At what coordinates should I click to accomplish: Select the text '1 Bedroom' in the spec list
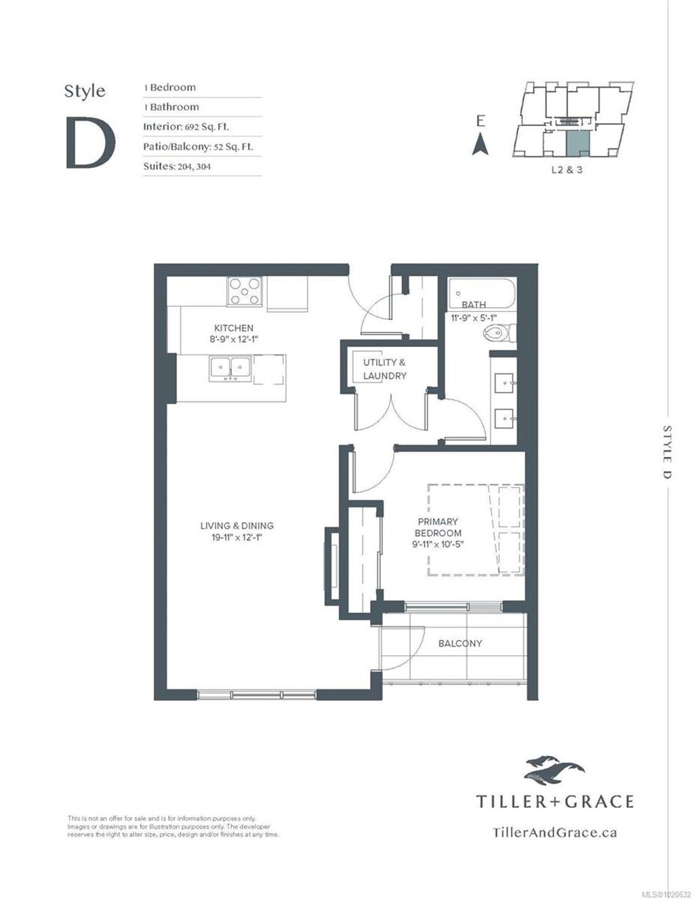pos(169,87)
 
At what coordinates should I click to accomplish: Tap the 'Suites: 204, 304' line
pos(176,166)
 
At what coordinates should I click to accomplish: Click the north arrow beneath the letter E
pos(480,144)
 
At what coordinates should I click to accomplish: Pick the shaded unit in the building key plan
pos(577,143)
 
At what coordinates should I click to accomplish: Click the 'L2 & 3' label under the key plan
pos(567,170)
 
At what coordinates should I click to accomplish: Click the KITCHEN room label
pos(234,328)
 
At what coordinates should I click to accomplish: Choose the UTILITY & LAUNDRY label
pos(384,369)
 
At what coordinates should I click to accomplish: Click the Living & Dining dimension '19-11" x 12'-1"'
pos(237,538)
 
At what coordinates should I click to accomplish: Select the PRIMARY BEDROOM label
pos(438,527)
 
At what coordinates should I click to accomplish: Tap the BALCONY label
pos(460,643)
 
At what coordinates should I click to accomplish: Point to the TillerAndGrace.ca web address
pos(554,833)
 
